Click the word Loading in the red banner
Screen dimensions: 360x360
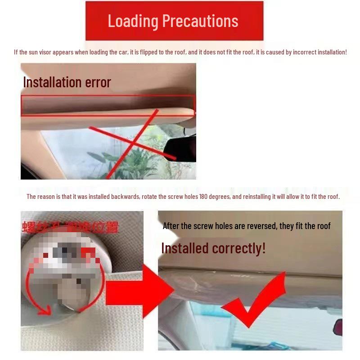133,21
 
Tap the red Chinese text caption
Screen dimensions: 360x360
70,227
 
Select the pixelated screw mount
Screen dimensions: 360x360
67,270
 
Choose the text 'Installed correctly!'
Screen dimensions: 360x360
213,248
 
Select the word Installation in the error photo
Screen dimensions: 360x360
51,82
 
